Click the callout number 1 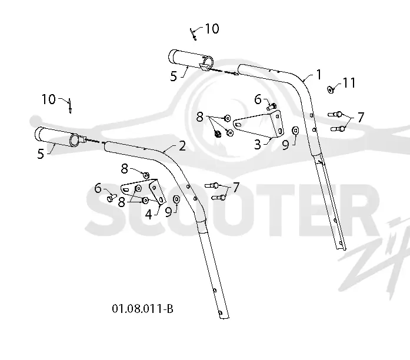[x=319, y=75]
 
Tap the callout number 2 [x=182, y=146]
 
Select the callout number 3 [x=258, y=144]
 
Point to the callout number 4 [x=148, y=215]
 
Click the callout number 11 [x=349, y=83]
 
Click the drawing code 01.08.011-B [x=142, y=308]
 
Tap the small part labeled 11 [x=331, y=89]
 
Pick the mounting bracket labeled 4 [x=144, y=191]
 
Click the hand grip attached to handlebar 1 [x=191, y=59]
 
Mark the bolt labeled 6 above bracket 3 [x=272, y=106]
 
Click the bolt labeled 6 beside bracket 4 [x=112, y=198]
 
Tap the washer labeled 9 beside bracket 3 [x=295, y=130]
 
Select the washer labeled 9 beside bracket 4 [x=176, y=199]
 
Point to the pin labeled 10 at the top [x=193, y=35]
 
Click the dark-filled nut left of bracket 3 [x=217, y=134]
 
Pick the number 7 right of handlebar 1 [x=361, y=117]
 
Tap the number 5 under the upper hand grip [x=174, y=76]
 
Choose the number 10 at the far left [x=49, y=99]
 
